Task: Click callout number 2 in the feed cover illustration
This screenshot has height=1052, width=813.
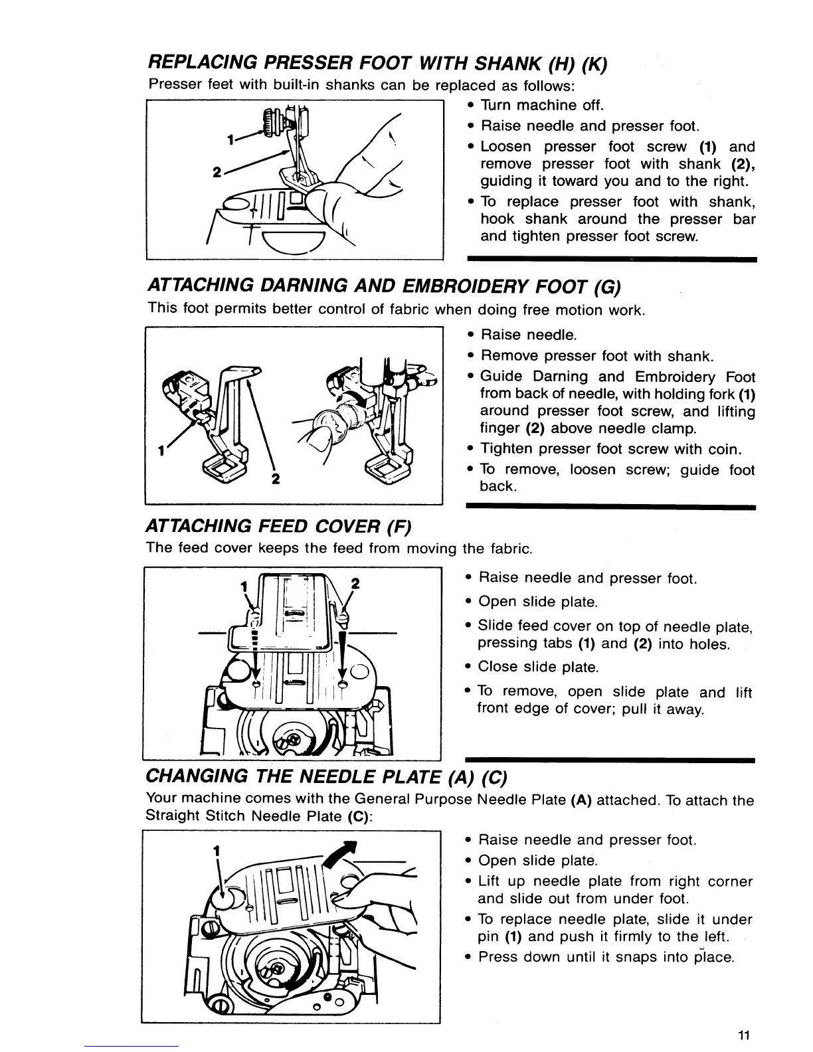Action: [355, 584]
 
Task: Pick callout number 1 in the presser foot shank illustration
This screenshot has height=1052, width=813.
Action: [230, 140]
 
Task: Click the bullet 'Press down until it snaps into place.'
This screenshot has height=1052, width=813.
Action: [606, 958]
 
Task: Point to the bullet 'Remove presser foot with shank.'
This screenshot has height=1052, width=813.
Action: [596, 356]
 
